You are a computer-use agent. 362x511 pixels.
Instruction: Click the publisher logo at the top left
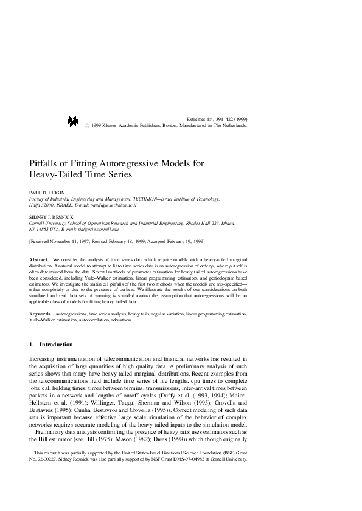[x=74, y=122]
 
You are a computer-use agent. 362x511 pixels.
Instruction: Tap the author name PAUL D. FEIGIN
[x=46, y=192]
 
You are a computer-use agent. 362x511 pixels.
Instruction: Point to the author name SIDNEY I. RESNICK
[x=50, y=216]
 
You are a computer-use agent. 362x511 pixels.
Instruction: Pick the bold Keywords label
[x=41, y=314]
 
